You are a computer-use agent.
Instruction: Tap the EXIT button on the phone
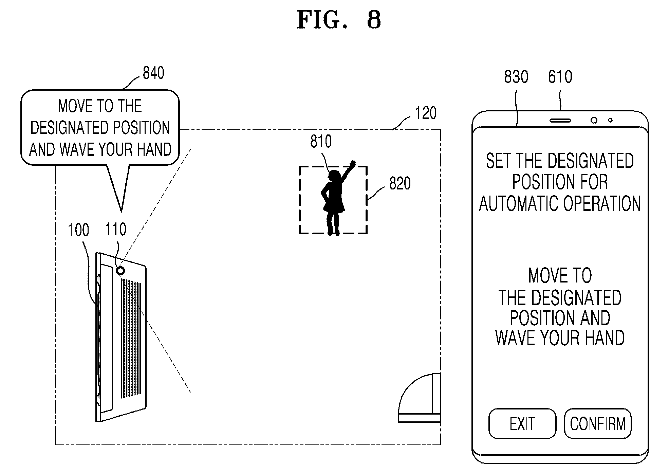pyautogui.click(x=522, y=423)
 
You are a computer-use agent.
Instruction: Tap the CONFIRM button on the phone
pyautogui.click(x=598, y=423)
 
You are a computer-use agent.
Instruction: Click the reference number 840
pyautogui.click(x=153, y=73)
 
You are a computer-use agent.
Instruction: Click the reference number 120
pyautogui.click(x=426, y=113)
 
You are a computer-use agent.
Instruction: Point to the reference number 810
pyautogui.click(x=321, y=141)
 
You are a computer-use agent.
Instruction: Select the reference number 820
pyautogui.click(x=400, y=183)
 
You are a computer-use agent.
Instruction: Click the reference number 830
pyautogui.click(x=516, y=77)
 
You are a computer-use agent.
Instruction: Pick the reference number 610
pyautogui.click(x=560, y=77)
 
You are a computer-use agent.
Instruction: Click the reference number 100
pyautogui.click(x=78, y=230)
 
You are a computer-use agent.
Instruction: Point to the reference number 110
pyautogui.click(x=116, y=230)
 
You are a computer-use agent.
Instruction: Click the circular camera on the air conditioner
pyautogui.click(x=120, y=271)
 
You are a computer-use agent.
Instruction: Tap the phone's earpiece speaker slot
pyautogui.click(x=560, y=120)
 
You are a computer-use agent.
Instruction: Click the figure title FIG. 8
pyautogui.click(x=339, y=20)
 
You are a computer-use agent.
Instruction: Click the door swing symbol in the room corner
pyautogui.click(x=420, y=398)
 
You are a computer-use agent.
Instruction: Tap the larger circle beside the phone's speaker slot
pyautogui.click(x=594, y=120)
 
